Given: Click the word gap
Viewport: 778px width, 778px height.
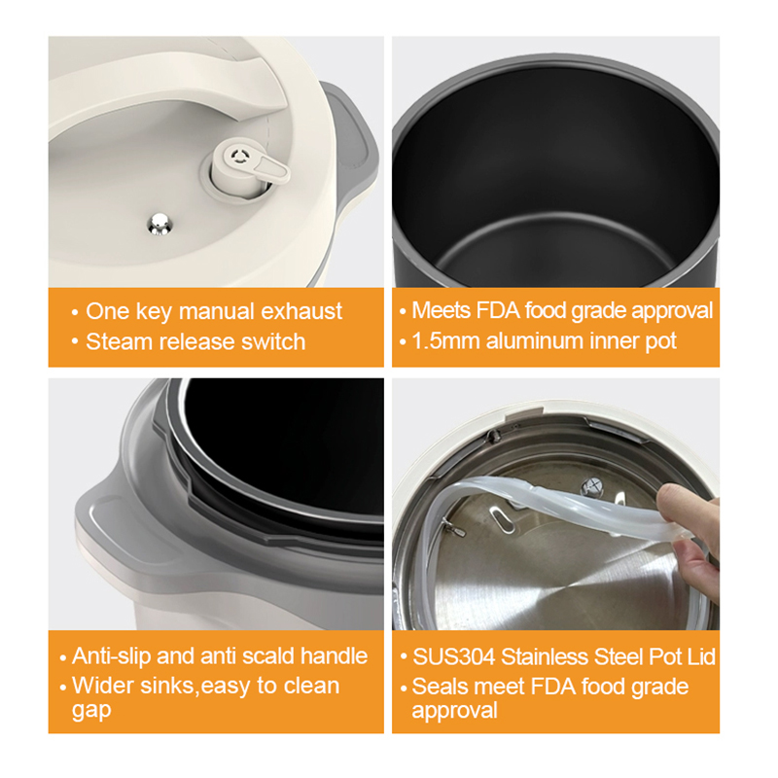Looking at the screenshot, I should coord(90,711).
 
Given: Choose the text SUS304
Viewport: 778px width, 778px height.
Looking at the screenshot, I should coord(449,656).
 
